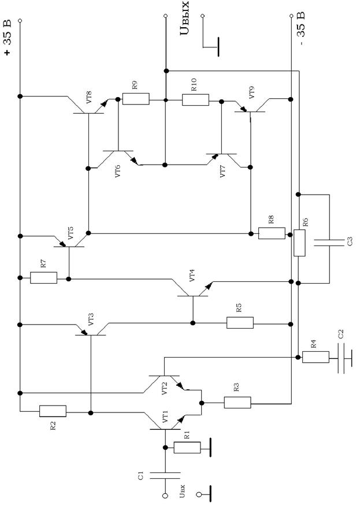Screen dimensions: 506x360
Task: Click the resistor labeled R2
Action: pos(53,411)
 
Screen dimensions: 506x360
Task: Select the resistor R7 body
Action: pos(43,278)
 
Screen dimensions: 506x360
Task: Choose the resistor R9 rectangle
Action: pos(136,99)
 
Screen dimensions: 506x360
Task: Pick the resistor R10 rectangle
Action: pos(196,99)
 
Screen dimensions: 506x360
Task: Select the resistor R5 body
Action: pos(240,322)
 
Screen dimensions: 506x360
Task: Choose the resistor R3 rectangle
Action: pos(237,402)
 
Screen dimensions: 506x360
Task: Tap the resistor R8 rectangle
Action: pos(272,233)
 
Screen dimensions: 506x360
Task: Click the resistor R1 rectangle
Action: pos(187,447)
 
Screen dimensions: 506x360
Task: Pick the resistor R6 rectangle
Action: pos(299,243)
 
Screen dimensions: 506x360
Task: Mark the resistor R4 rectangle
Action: pos(316,356)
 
